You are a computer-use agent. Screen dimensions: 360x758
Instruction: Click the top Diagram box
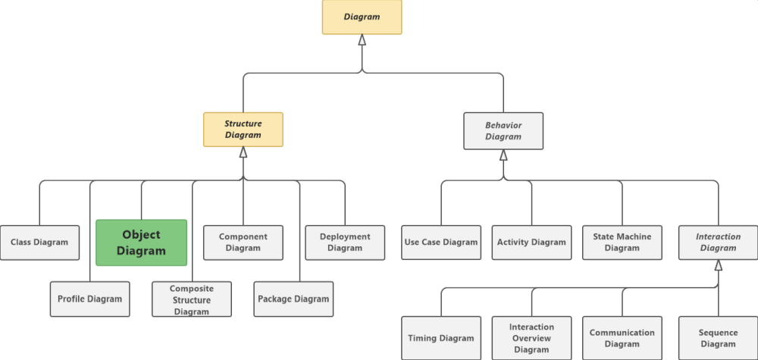[x=362, y=17]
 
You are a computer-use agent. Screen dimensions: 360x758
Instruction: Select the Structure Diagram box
[x=243, y=130]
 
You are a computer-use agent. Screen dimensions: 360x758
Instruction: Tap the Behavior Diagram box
[x=503, y=130]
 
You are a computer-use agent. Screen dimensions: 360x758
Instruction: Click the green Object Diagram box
[x=141, y=243]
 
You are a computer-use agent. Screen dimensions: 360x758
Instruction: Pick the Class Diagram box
[x=39, y=243]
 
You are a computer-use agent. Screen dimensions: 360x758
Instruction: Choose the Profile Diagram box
[x=89, y=299]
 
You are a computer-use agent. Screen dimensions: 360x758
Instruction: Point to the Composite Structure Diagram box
[x=191, y=299]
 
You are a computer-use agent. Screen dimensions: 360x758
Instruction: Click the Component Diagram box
[x=243, y=243]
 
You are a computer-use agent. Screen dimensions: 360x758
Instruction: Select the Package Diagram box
[x=293, y=299]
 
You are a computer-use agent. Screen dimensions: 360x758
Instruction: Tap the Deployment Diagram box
[x=345, y=243]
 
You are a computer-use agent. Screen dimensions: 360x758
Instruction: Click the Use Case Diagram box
[x=441, y=243]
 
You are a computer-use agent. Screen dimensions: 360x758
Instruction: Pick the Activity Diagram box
[x=531, y=243]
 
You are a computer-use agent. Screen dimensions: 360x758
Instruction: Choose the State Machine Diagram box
[x=622, y=243]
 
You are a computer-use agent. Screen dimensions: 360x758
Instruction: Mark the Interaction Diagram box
[x=718, y=243]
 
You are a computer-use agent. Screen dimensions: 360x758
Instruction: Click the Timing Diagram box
[x=441, y=338]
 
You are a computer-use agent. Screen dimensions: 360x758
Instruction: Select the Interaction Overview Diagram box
[x=531, y=338]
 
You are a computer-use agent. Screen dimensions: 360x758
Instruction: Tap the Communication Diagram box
[x=622, y=338]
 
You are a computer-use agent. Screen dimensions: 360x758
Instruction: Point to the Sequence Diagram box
[x=718, y=338]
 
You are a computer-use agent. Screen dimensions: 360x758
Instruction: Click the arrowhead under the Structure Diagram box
[x=243, y=152]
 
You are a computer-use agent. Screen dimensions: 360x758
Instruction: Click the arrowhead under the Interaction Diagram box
[x=719, y=265]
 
